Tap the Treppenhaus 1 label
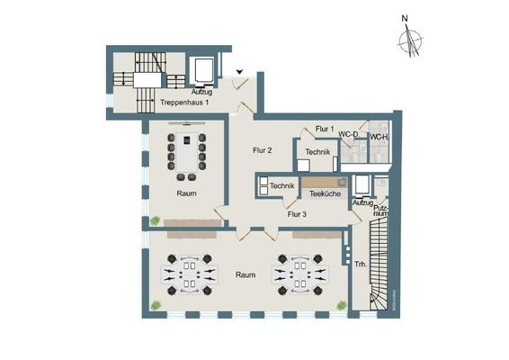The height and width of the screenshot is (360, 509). (x=184, y=103)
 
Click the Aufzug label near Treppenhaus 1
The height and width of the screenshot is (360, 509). (x=201, y=92)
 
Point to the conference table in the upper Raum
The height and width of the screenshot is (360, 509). (x=187, y=152)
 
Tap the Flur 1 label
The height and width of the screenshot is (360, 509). (x=325, y=130)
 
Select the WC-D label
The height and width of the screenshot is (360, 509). (x=350, y=135)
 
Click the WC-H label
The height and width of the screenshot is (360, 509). (x=379, y=138)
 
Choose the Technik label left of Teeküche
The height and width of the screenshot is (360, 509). (x=281, y=186)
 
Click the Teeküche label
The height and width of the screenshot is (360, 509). (x=323, y=193)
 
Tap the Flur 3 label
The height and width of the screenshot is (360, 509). (x=297, y=214)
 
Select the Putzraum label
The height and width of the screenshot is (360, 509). (x=381, y=211)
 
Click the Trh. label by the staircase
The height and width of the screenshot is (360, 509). (x=360, y=265)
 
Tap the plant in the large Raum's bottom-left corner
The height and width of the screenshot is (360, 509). (x=156, y=307)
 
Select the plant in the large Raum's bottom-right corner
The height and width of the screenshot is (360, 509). (x=341, y=306)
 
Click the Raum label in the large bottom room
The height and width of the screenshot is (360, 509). (x=245, y=274)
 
